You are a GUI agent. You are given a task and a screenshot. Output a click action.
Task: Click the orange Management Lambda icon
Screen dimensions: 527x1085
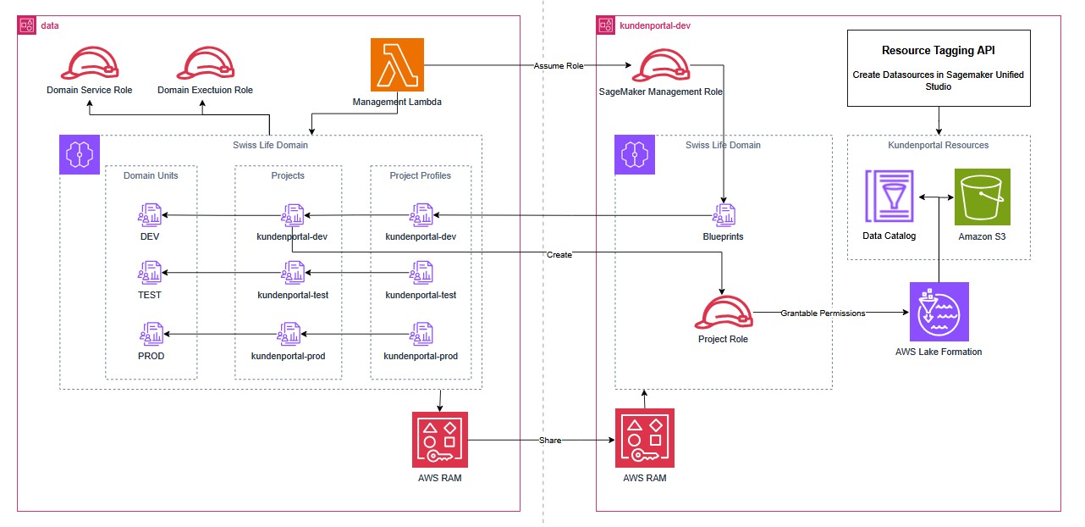[397, 64]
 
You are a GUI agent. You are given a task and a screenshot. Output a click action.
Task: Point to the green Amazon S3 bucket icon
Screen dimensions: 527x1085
[982, 197]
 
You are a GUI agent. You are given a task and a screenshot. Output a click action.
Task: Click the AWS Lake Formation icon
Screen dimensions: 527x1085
[939, 312]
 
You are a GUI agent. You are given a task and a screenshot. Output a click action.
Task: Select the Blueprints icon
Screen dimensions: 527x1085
[723, 214]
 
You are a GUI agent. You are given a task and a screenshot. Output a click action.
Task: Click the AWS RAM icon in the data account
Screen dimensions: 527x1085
[440, 439]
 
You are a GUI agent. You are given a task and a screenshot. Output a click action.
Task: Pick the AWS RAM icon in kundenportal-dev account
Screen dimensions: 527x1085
[645, 439]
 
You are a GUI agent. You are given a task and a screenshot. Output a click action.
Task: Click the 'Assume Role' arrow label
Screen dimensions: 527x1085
[559, 65]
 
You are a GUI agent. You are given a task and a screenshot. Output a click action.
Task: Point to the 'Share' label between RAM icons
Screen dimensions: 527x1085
[551, 440]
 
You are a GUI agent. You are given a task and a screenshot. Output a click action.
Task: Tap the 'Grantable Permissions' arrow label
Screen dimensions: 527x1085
[823, 313]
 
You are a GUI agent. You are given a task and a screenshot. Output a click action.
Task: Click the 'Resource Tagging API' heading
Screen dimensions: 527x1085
[939, 51]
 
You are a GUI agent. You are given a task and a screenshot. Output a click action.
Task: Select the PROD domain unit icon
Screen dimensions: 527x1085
[151, 332]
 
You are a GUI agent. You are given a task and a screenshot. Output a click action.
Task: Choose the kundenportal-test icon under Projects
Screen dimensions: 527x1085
[293, 273]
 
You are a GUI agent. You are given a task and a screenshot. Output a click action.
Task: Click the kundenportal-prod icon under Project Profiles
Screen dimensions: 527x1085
[421, 332]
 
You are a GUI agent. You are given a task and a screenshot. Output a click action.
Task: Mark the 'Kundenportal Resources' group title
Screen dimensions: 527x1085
[938, 145]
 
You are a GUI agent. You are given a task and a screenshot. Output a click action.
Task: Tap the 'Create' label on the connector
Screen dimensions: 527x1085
[559, 254]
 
